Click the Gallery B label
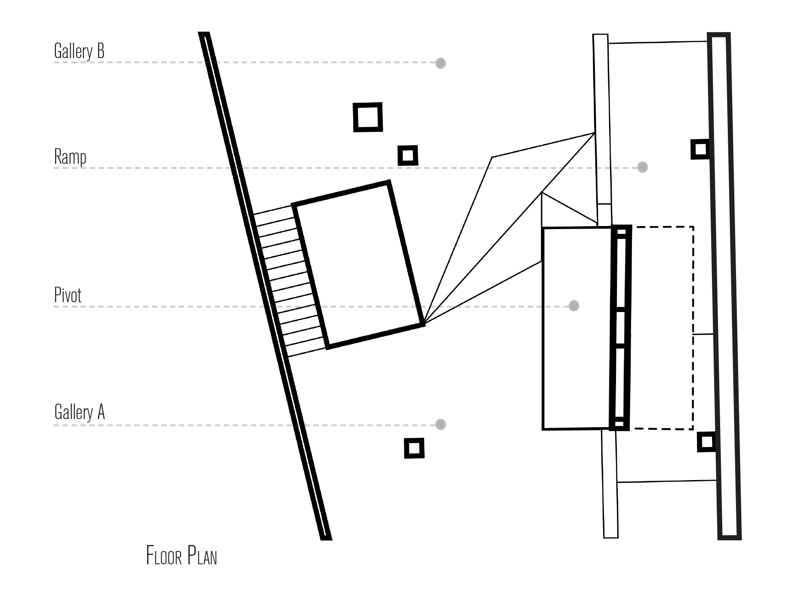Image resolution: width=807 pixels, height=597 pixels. pyautogui.click(x=79, y=51)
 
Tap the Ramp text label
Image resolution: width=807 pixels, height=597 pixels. pyautogui.click(x=70, y=157)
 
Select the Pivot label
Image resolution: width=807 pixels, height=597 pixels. pyautogui.click(x=68, y=295)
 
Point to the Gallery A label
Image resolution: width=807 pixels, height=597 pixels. pyautogui.click(x=80, y=412)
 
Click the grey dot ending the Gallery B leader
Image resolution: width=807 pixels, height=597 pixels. pyautogui.click(x=440, y=63)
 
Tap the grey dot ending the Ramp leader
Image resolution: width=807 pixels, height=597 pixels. pyautogui.click(x=642, y=167)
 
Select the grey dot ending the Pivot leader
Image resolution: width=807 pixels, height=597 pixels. pyautogui.click(x=573, y=306)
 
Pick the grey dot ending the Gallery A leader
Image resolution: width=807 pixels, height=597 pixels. pyautogui.click(x=440, y=424)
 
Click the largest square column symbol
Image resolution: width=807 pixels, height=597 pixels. pyautogui.click(x=368, y=117)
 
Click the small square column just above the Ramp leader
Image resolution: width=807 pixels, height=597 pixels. pyautogui.click(x=407, y=155)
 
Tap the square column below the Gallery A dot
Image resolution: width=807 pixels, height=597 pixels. pyautogui.click(x=414, y=448)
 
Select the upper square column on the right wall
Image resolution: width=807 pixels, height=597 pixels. pyautogui.click(x=700, y=149)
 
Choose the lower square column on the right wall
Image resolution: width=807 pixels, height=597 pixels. pyautogui.click(x=705, y=441)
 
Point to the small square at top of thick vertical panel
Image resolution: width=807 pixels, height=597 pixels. pyautogui.click(x=621, y=232)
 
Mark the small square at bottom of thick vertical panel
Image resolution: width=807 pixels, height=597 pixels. pyautogui.click(x=619, y=424)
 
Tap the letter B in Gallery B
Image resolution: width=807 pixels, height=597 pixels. pyautogui.click(x=100, y=51)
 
